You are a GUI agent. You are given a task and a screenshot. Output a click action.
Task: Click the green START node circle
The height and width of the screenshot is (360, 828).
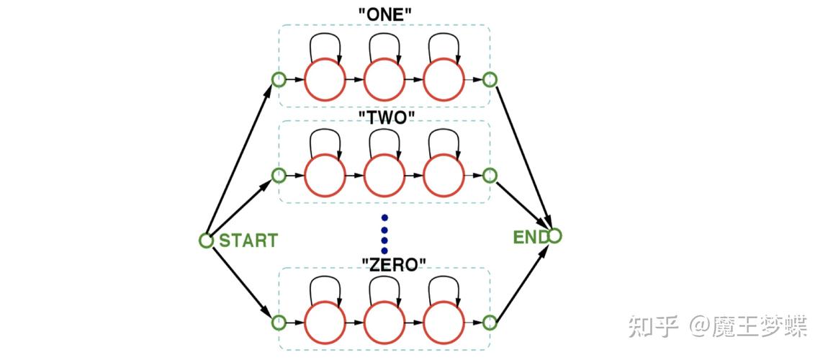pyautogui.click(x=206, y=240)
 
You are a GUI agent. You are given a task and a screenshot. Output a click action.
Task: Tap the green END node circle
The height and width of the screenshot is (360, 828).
pyautogui.click(x=554, y=235)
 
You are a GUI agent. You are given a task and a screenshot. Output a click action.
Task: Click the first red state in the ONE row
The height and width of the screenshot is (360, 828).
pyautogui.click(x=325, y=79)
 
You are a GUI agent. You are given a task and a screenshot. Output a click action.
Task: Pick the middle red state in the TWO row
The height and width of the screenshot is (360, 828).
pyautogui.click(x=384, y=175)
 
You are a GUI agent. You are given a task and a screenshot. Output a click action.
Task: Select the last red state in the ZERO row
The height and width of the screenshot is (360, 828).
pyautogui.click(x=444, y=322)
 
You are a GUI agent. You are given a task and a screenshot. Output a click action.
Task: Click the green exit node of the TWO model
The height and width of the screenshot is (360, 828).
pyautogui.click(x=490, y=175)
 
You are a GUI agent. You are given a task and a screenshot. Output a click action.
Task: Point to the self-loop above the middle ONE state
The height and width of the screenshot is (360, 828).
pyautogui.click(x=384, y=45)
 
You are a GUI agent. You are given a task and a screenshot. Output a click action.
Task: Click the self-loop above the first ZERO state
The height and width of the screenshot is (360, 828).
pyautogui.click(x=325, y=287)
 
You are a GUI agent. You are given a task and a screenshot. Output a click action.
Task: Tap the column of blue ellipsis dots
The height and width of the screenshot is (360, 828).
pyautogui.click(x=384, y=234)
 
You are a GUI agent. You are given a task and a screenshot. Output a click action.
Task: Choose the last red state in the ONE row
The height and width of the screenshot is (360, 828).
pyautogui.click(x=444, y=79)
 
